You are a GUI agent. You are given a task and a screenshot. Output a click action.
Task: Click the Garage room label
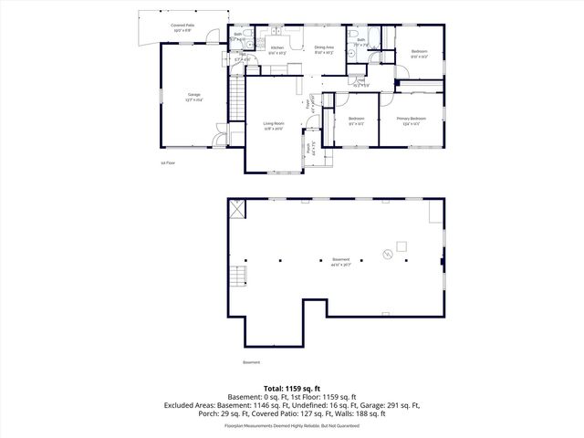pos(194,95)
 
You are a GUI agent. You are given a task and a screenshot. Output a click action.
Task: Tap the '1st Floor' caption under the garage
pos(167,162)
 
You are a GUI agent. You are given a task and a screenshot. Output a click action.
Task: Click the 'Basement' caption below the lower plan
pos(251,362)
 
